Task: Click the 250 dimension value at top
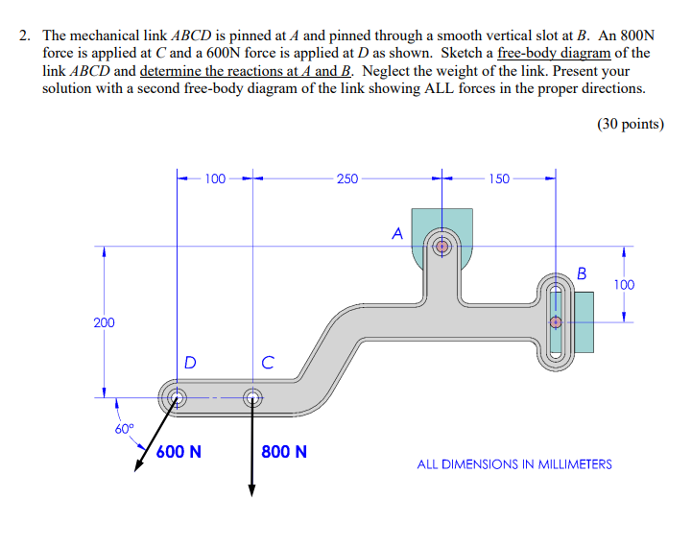click(346, 178)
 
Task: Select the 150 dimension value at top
click(499, 178)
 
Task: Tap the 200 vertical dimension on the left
click(103, 322)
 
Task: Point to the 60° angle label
click(126, 429)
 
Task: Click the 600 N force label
click(179, 451)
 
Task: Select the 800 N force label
click(284, 451)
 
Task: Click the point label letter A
click(396, 232)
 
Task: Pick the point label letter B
click(582, 274)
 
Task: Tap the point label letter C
click(268, 363)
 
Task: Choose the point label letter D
click(190, 363)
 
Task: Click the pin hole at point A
click(442, 246)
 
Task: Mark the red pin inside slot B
click(555, 322)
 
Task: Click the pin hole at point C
click(252, 396)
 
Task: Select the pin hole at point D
click(176, 396)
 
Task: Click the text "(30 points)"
click(630, 124)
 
